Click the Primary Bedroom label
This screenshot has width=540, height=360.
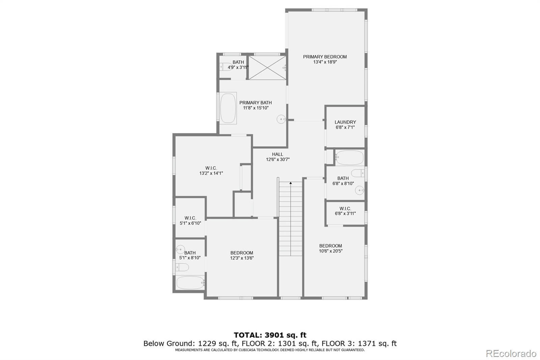325,57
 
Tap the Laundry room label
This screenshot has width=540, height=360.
345,122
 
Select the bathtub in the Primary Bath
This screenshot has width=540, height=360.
228,108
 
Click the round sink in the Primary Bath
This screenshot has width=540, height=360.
281,119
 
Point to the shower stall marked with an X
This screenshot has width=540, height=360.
267,67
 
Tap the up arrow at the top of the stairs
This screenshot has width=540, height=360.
291,183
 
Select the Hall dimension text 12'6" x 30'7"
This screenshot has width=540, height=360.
278,160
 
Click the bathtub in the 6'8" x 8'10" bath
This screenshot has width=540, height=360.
350,158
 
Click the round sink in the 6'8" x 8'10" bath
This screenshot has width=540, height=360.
359,190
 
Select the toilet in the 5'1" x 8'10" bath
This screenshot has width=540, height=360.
182,267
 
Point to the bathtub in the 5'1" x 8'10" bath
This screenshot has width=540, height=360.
190,283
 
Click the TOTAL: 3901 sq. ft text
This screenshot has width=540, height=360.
270,335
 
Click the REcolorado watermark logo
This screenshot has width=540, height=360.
511,353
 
